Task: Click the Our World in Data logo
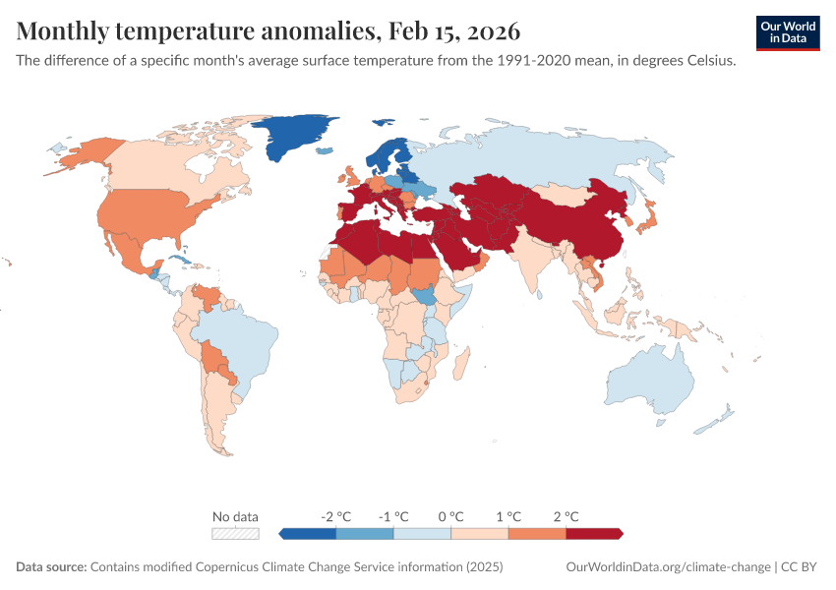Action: (788, 32)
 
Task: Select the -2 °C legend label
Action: (335, 516)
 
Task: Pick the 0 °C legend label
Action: (450, 516)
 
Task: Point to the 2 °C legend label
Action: (566, 516)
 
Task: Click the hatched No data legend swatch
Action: (236, 533)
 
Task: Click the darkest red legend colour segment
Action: (594, 533)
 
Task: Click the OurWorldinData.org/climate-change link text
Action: (669, 567)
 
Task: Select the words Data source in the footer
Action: (51, 567)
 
